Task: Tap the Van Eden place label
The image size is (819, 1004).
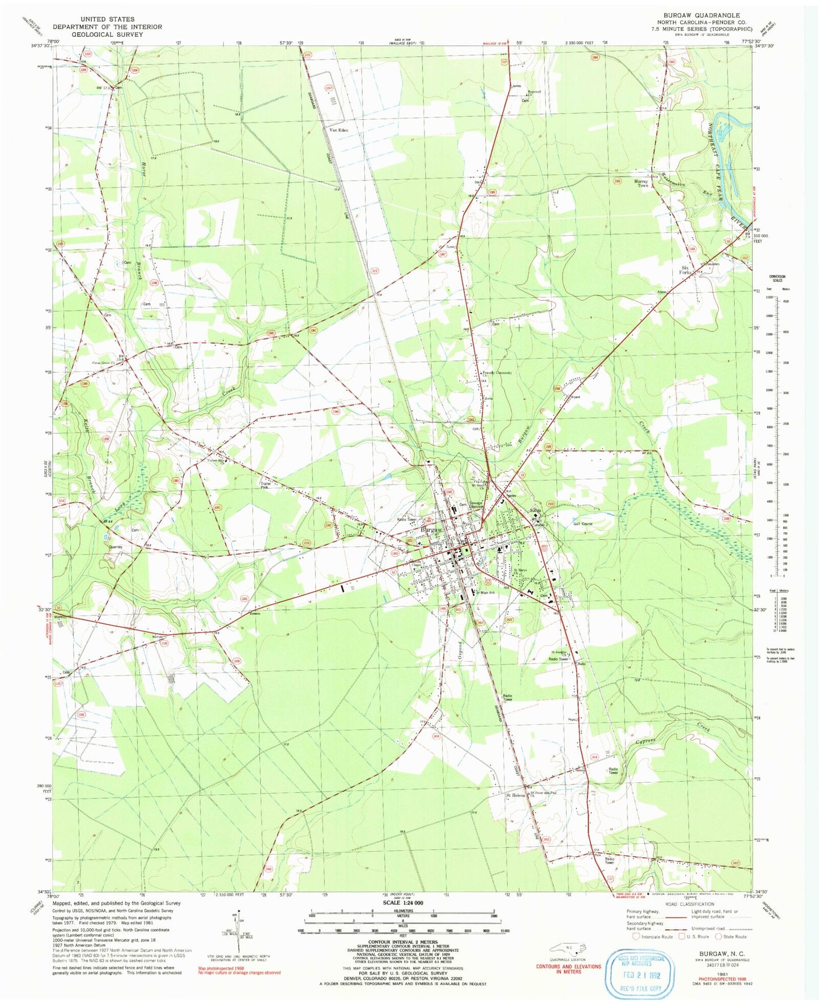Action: tap(339, 130)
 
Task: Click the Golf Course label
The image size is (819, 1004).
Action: tap(583, 524)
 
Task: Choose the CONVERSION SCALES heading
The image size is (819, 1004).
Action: tap(776, 279)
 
